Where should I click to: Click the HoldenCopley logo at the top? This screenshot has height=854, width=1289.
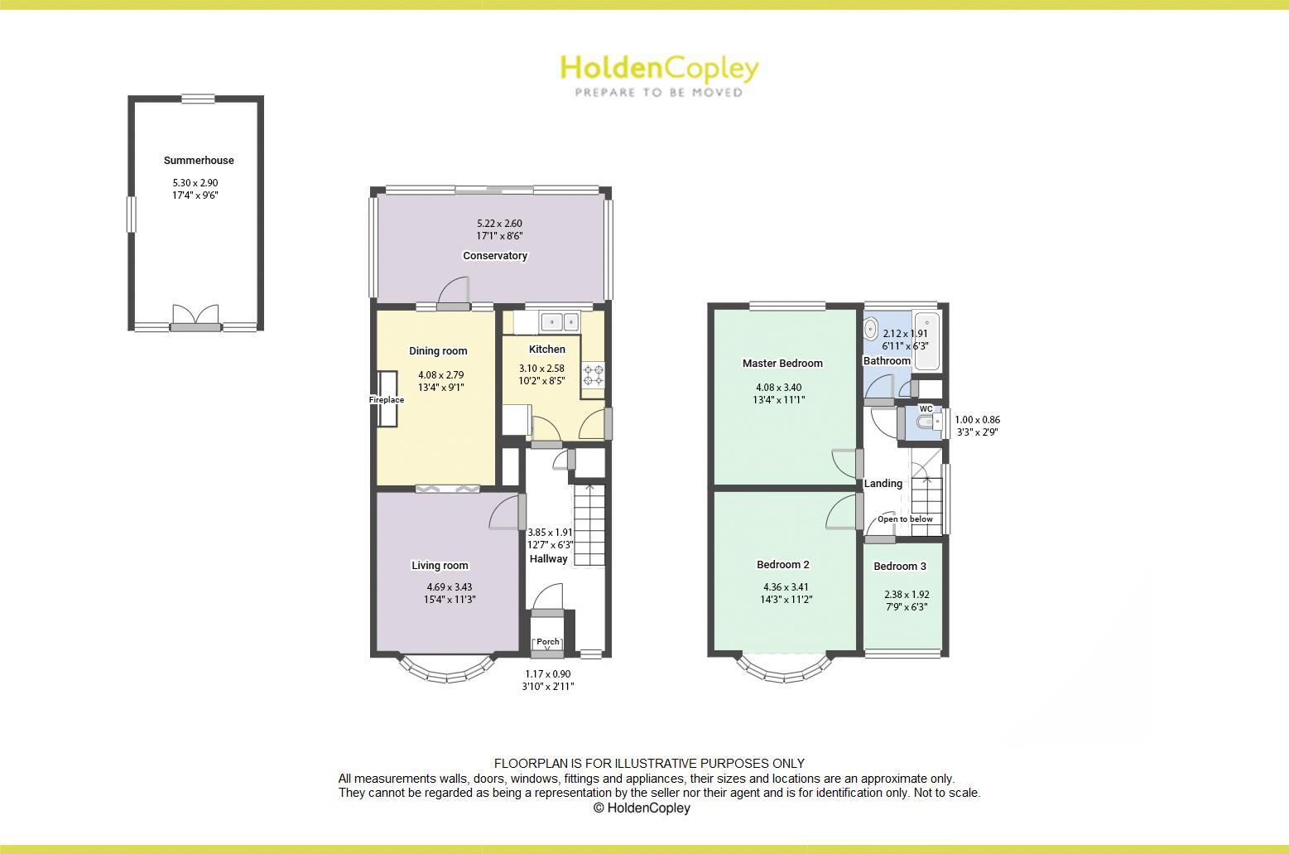point(659,75)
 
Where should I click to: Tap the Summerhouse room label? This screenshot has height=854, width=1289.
point(199,161)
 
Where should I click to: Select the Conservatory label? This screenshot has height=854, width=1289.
point(495,256)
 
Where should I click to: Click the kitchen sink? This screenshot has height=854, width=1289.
point(560,321)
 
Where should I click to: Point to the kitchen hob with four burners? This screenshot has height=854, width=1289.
point(593,375)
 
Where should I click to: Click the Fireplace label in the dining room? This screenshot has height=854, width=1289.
point(387,400)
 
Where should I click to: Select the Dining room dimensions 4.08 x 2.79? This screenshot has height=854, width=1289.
point(440,375)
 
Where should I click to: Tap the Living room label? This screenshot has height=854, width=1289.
point(440,566)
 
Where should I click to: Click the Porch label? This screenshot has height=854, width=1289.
point(548,642)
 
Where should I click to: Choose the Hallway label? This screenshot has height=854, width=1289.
point(549,559)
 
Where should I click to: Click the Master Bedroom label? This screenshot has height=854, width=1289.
point(782,364)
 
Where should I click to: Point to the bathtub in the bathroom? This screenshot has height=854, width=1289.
point(926,340)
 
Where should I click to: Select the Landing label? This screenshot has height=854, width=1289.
point(883,484)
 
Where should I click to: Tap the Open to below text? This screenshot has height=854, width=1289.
point(905,519)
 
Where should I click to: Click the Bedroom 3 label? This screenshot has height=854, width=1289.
point(900,567)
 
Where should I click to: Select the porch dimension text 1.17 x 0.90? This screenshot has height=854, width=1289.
point(548,674)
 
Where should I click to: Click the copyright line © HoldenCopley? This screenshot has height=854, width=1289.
point(642,808)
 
